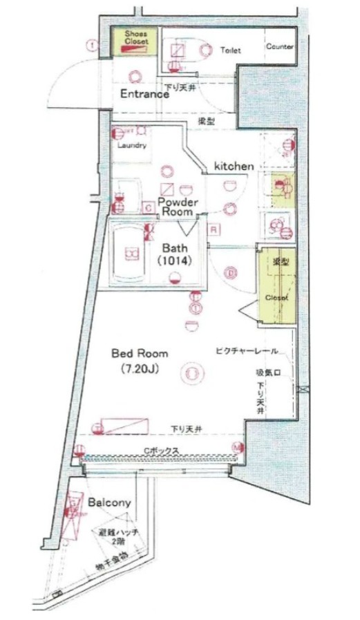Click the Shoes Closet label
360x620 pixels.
click(x=136, y=37)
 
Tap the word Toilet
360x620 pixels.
click(x=231, y=50)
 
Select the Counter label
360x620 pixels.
click(x=280, y=47)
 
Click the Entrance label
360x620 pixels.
click(x=145, y=94)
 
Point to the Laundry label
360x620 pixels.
click(x=131, y=146)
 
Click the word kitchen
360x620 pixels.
click(x=234, y=166)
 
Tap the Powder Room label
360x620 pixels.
click(x=178, y=207)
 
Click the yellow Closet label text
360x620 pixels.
click(x=276, y=297)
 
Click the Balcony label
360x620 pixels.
click(x=110, y=502)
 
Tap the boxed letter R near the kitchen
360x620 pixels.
click(x=215, y=229)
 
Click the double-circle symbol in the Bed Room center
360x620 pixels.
click(x=191, y=374)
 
